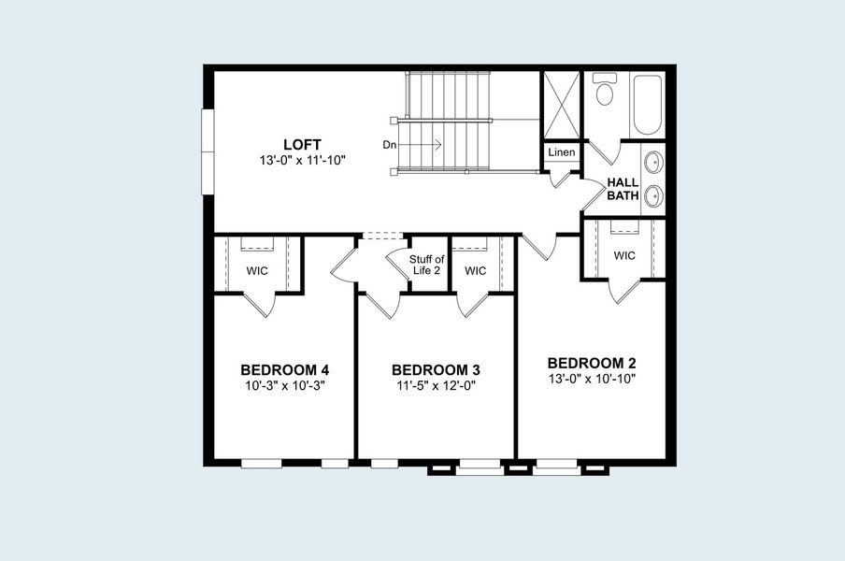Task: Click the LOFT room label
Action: pyautogui.click(x=303, y=145)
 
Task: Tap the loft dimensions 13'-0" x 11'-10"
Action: pyautogui.click(x=303, y=161)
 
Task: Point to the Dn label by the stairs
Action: pyautogui.click(x=390, y=145)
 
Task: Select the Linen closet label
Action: pyautogui.click(x=562, y=152)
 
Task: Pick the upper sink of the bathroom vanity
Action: pyautogui.click(x=655, y=161)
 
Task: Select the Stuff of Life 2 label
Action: pyautogui.click(x=425, y=265)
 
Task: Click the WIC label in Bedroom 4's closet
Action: pyautogui.click(x=258, y=271)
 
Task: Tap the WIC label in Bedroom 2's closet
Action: pyautogui.click(x=625, y=254)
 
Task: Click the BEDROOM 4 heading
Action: pyautogui.click(x=284, y=369)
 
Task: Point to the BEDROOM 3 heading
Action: pyautogui.click(x=436, y=369)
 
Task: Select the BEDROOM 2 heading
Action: pyautogui.click(x=592, y=363)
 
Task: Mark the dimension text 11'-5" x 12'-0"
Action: pyautogui.click(x=436, y=385)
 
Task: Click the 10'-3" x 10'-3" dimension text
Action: pyautogui.click(x=284, y=385)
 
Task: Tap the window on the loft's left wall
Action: pyautogui.click(x=208, y=151)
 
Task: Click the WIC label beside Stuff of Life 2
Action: pyautogui.click(x=476, y=271)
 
